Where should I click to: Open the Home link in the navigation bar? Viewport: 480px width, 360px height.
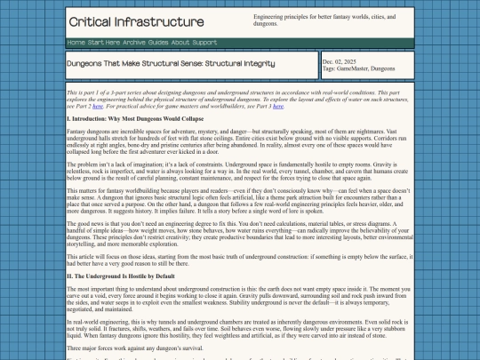click(x=76, y=43)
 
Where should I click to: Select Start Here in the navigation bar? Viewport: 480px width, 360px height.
click(x=105, y=43)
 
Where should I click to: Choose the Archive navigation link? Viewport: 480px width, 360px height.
click(x=136, y=43)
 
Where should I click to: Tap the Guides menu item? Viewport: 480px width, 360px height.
click(x=158, y=43)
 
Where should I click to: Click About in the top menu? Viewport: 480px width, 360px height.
click(x=180, y=43)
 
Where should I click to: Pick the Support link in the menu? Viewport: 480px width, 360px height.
click(x=204, y=43)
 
